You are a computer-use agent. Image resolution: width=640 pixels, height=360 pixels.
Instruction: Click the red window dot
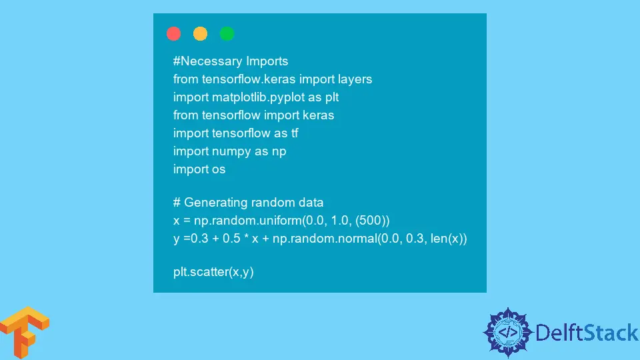point(173,33)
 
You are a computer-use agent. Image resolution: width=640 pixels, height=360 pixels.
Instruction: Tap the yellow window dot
point(200,33)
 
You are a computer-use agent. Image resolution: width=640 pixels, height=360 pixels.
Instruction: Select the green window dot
point(227,33)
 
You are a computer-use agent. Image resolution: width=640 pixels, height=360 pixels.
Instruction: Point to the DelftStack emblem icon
point(508,333)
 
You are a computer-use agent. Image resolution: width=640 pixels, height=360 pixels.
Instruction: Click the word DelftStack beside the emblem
point(587,333)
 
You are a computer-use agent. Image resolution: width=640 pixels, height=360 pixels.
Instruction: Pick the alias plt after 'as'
point(332,97)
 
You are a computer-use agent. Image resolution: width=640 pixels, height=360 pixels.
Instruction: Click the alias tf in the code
point(295,133)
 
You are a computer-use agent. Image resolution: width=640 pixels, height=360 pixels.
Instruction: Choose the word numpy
point(231,151)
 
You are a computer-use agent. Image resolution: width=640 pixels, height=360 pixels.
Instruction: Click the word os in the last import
point(219,169)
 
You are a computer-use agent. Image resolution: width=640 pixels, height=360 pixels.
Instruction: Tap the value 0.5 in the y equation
point(231,239)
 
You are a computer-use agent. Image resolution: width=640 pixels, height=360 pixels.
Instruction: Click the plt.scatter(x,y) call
point(213,272)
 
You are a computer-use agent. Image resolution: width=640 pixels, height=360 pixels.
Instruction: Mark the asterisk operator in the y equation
point(246,237)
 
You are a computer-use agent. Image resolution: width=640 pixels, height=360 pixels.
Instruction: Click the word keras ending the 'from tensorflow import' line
point(319,115)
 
